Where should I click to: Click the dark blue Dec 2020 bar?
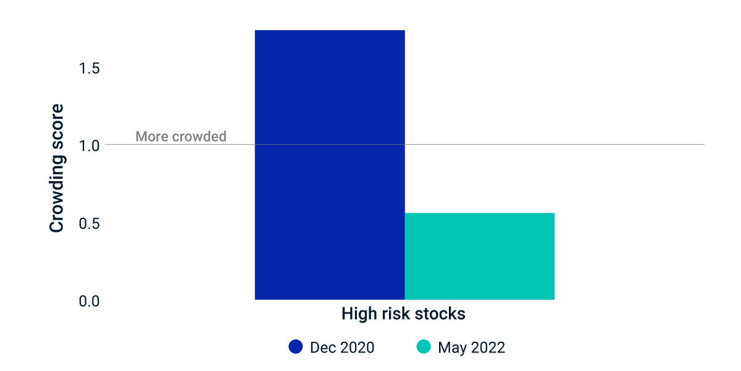[330, 165]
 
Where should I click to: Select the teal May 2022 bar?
[480, 257]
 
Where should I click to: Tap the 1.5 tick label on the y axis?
[89, 68]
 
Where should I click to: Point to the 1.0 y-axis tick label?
[89, 146]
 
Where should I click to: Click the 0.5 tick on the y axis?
[89, 224]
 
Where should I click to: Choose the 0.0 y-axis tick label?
[89, 301]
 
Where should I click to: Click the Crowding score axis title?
[57, 168]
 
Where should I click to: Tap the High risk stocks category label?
[403, 313]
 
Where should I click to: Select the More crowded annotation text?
[181, 136]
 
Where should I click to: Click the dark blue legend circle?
[295, 346]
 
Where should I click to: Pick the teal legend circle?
[424, 346]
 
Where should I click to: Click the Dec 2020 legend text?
[342, 348]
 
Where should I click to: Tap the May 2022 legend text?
[471, 348]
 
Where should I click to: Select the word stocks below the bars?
[440, 313]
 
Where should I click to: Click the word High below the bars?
[359, 313]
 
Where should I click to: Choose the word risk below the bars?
[396, 313]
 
